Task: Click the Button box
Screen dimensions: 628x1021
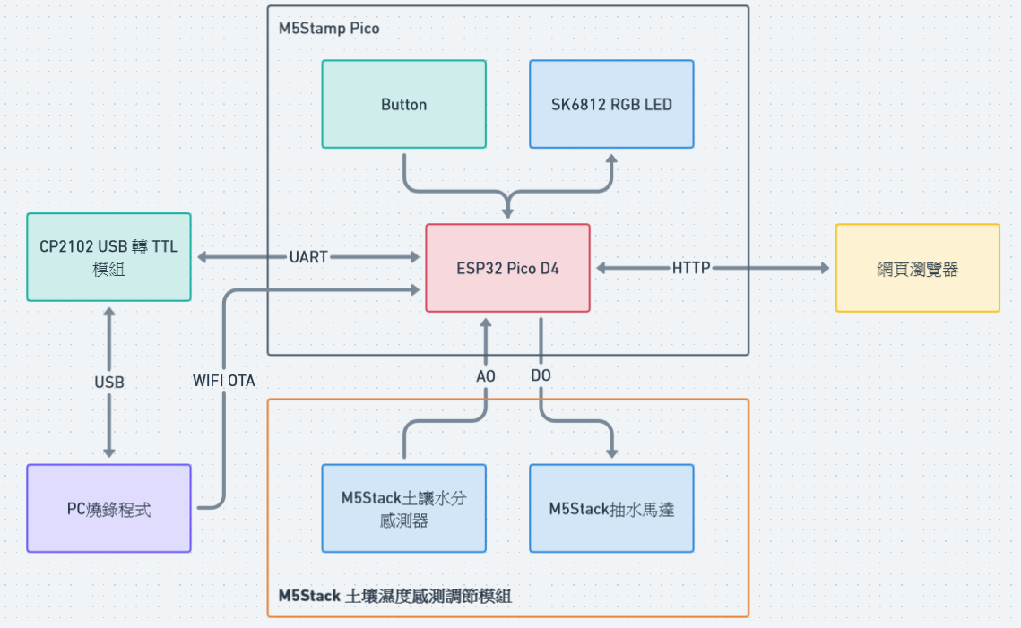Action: coord(403,104)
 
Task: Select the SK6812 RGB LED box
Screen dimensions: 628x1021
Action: coord(611,104)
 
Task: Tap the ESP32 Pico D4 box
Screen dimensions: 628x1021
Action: coord(507,268)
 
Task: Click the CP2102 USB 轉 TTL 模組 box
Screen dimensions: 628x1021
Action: coord(108,257)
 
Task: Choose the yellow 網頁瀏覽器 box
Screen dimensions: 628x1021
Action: coord(917,268)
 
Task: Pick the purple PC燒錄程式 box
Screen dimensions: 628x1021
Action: coord(108,508)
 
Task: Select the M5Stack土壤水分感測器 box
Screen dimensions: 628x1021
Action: coord(403,508)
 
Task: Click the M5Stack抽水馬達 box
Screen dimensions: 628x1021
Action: coord(611,508)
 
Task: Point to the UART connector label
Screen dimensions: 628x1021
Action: coord(308,257)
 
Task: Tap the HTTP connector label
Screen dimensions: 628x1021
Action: coord(691,268)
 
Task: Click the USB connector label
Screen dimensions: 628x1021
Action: coord(109,382)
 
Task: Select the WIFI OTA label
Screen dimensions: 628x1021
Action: coord(224,381)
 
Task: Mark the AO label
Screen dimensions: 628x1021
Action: coord(486,376)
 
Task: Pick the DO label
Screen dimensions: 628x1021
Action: coord(541,376)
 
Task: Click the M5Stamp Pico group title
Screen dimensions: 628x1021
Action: coord(329,29)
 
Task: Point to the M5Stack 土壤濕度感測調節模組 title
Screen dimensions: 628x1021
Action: coord(395,596)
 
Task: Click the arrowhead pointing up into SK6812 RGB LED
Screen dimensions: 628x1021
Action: coord(611,159)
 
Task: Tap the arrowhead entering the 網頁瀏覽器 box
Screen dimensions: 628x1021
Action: coord(823,268)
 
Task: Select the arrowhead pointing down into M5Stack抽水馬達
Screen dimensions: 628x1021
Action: coord(611,452)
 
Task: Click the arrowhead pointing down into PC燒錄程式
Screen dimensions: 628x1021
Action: coord(109,452)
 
